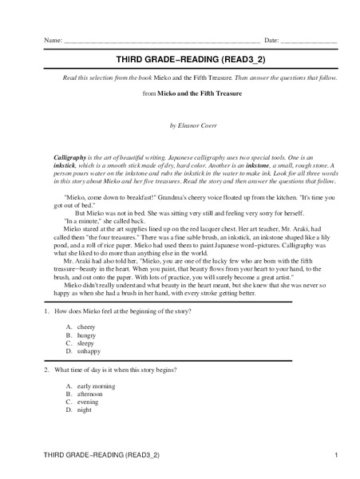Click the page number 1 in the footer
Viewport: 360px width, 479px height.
pos(337,454)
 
